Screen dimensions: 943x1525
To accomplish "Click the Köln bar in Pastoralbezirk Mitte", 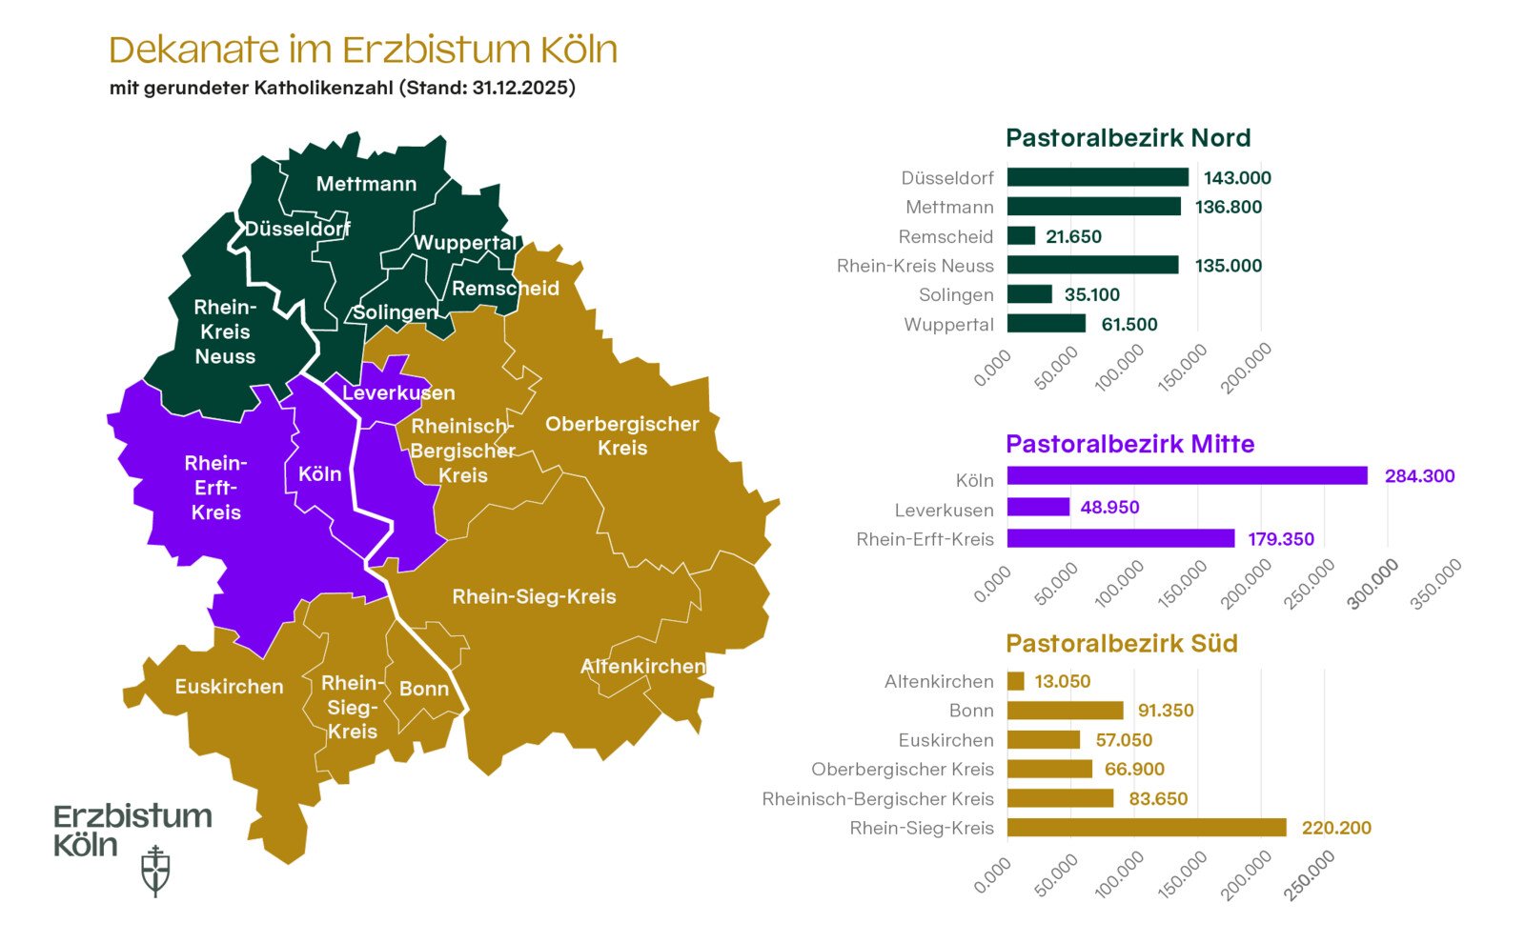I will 1187,475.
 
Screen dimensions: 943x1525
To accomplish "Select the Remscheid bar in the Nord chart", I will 1021,235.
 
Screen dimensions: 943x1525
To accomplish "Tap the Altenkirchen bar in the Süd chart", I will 1015,681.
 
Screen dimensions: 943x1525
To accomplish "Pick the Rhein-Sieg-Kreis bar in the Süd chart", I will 1146,828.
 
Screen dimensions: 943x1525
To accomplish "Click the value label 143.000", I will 1237,178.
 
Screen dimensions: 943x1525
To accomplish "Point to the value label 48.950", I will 1109,507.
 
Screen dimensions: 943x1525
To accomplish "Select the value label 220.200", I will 1336,828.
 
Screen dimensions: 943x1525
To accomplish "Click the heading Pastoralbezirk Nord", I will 1128,138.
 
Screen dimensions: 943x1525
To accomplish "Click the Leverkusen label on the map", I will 398,392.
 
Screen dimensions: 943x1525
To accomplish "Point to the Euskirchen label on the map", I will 229,687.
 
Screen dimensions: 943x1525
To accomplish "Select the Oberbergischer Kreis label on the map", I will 621,435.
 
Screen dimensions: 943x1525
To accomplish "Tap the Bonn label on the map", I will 424,689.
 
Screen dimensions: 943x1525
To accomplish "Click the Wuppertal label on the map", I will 465,243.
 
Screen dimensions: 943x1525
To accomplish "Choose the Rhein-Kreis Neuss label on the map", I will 225,331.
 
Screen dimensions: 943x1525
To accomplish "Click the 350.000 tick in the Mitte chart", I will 1437,583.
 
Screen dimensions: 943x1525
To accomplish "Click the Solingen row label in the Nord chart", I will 956,295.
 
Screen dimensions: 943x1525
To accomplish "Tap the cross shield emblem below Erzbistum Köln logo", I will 155,871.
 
